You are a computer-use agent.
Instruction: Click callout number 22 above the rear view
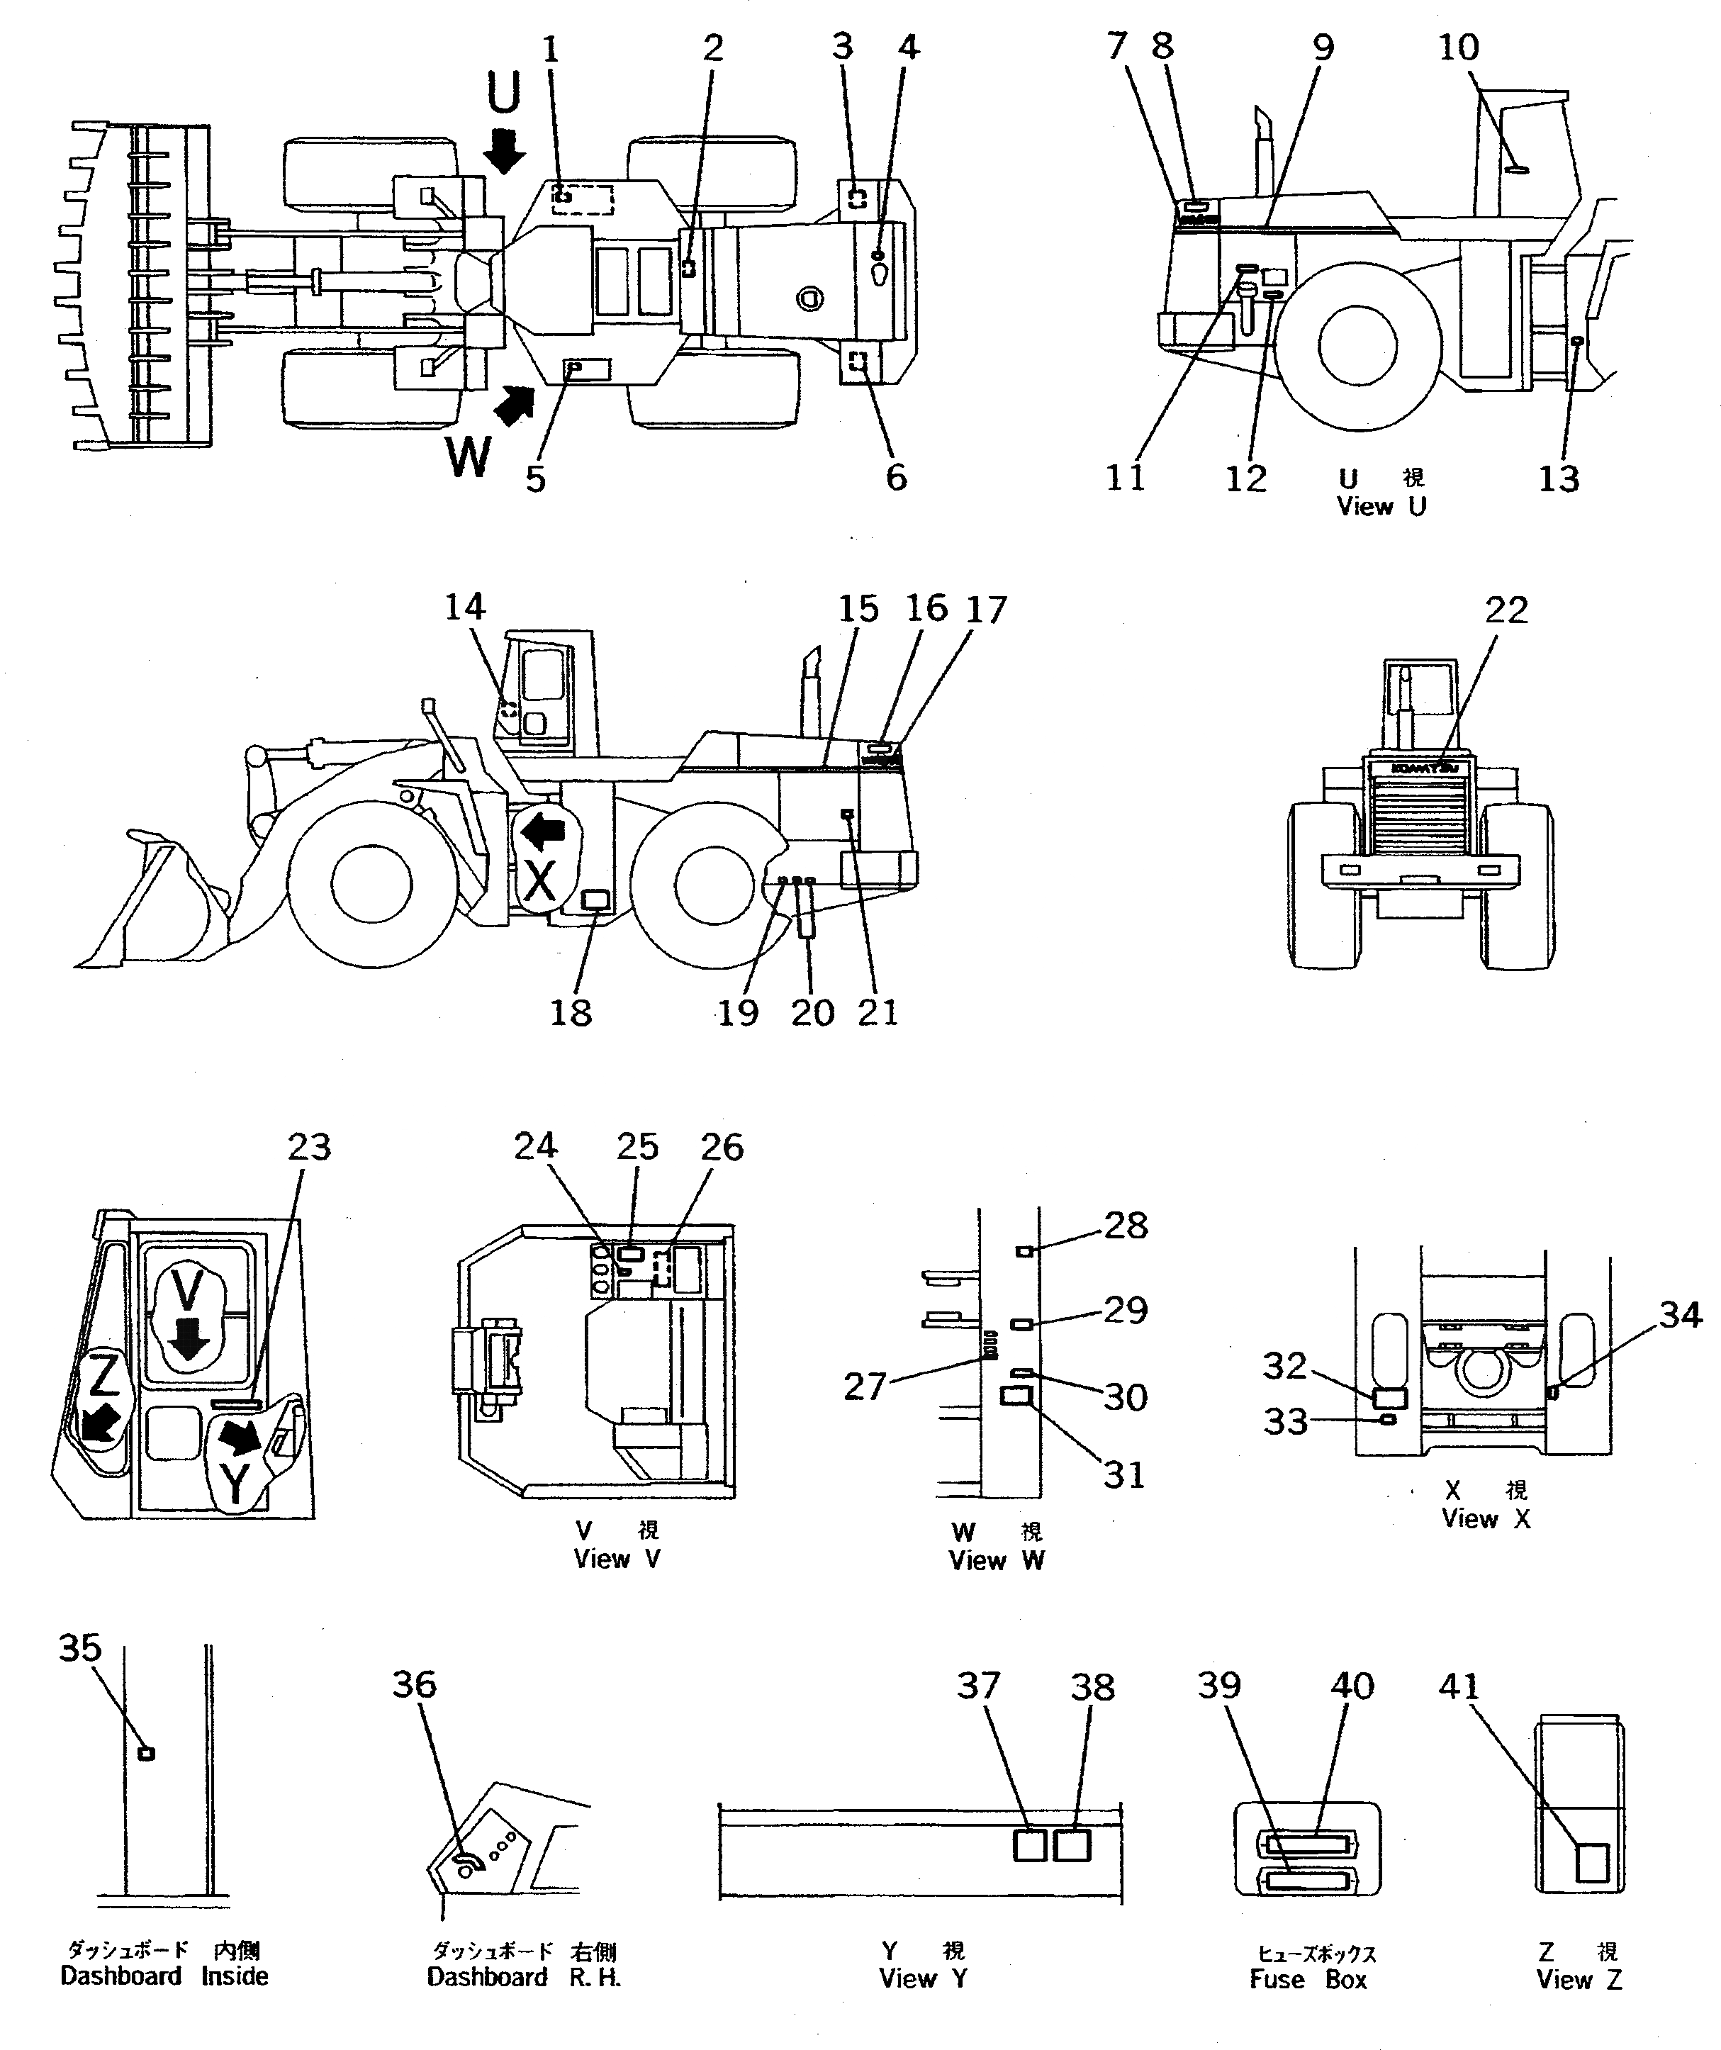click(x=1506, y=610)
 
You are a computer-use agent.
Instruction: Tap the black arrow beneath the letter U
click(x=504, y=150)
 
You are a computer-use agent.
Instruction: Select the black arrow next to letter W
click(x=515, y=403)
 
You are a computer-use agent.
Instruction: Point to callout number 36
click(x=414, y=1685)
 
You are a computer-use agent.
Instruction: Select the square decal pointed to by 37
click(x=1030, y=1845)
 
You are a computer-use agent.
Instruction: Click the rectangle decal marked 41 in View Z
click(x=1592, y=1861)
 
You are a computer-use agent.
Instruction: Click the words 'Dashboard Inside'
click(x=164, y=1976)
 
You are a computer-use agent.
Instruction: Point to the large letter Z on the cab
click(x=103, y=1377)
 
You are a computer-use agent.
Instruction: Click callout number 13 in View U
click(x=1558, y=478)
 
